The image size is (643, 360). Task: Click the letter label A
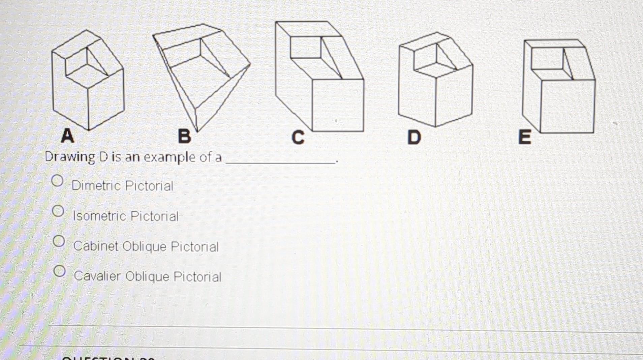click(67, 136)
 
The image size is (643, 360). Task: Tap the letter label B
click(184, 137)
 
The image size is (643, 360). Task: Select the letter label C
click(298, 137)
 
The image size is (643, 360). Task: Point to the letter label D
click(414, 137)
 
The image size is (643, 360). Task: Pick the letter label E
click(525, 137)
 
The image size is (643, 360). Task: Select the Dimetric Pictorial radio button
click(57, 181)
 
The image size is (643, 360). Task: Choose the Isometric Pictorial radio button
click(58, 211)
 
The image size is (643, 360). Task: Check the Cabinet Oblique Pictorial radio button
click(59, 241)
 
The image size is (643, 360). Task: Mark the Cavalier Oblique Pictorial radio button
click(59, 271)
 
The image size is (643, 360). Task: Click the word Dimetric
click(96, 185)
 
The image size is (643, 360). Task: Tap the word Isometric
click(100, 216)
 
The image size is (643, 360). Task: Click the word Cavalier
click(97, 276)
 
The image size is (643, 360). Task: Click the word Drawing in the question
click(70, 157)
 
